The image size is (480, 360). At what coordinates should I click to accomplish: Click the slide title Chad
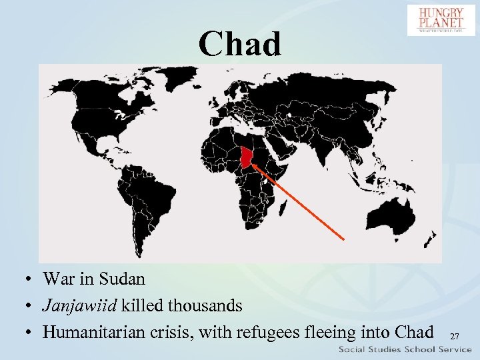pos(240,44)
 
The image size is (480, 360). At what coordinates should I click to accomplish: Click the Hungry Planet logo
pos(441,20)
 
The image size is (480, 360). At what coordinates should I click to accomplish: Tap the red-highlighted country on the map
pos(247,158)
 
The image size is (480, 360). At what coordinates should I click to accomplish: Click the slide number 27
pos(455,337)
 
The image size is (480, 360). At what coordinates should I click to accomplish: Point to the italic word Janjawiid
pos(79,305)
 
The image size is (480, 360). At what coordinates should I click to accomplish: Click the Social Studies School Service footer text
pos(405,349)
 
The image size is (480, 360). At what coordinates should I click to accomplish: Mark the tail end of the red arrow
pos(343,239)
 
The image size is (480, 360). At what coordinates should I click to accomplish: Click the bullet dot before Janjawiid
pos(31,306)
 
